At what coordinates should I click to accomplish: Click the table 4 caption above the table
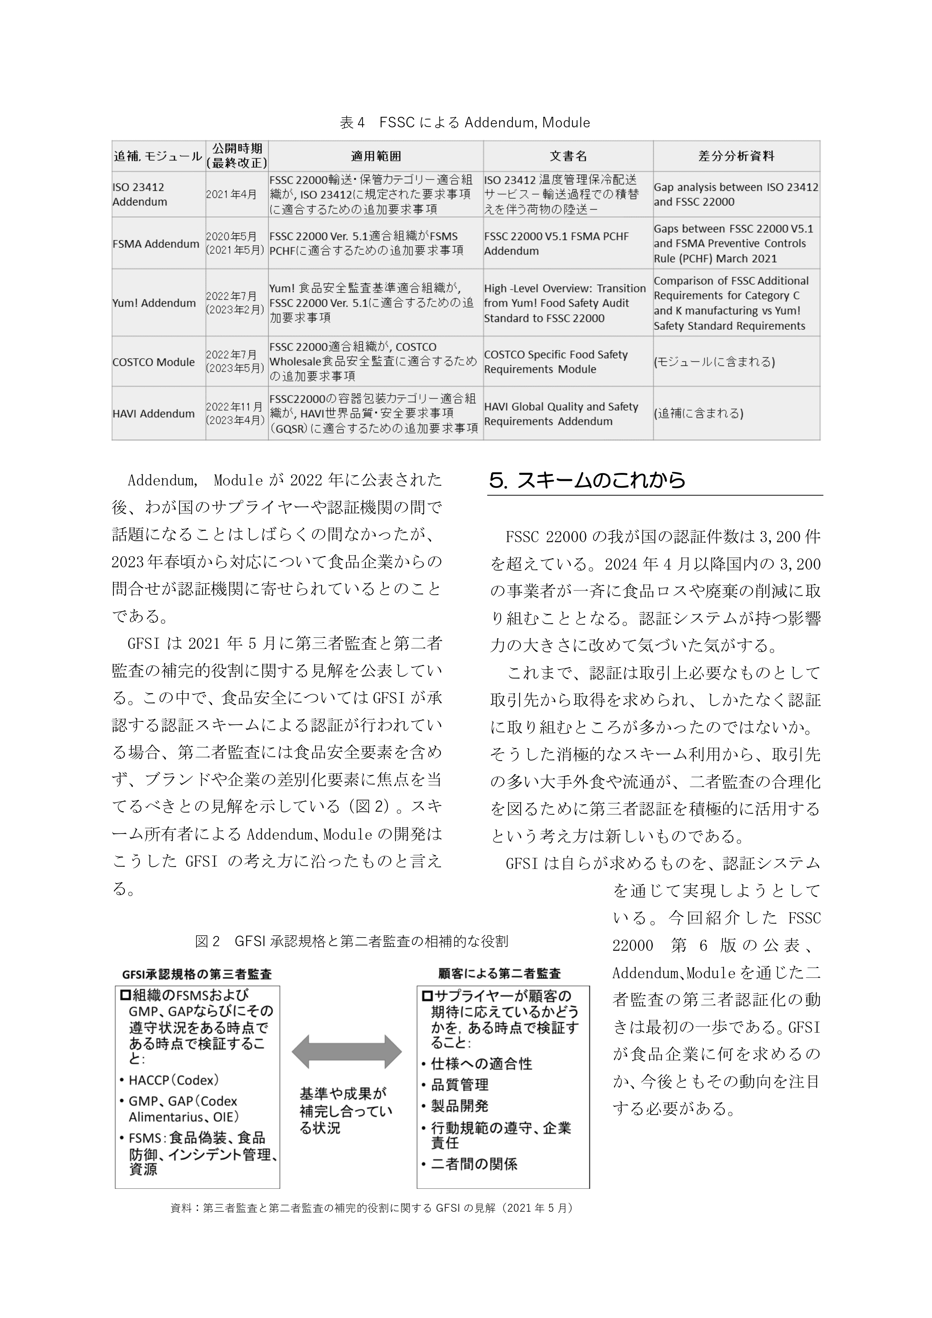click(x=465, y=122)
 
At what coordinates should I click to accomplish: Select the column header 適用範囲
click(x=376, y=156)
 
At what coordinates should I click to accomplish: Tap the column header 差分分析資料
click(x=736, y=156)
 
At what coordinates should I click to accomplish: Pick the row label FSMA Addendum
click(x=156, y=243)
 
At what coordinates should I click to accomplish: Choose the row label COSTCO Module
click(x=153, y=362)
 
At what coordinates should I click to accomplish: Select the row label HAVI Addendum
click(x=153, y=413)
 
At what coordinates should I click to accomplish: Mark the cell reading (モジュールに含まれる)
click(x=714, y=362)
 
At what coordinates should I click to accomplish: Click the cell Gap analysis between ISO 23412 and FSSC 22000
click(x=736, y=194)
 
